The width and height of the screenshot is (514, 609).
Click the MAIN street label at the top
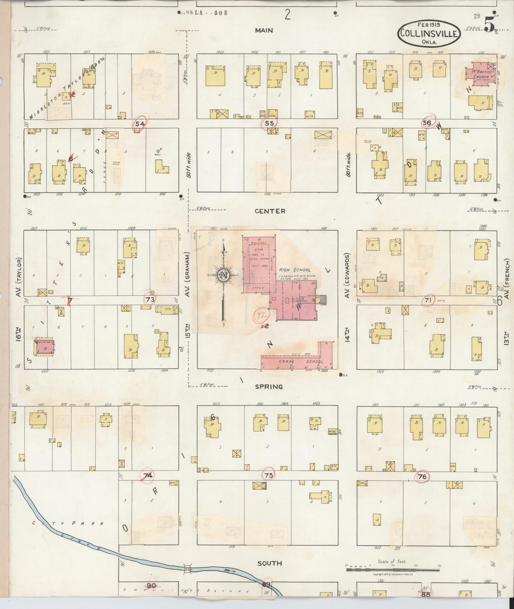coord(264,31)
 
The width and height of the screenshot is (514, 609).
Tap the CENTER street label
coord(270,211)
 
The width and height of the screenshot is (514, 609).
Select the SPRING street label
coord(269,387)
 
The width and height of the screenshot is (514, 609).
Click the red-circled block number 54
coord(140,124)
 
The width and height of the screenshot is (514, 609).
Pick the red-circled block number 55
coord(269,124)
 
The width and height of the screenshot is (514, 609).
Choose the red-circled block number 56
coord(427,123)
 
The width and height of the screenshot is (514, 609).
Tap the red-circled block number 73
coord(150,300)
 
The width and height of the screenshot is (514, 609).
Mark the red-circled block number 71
coord(428,301)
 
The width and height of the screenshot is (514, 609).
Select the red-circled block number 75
coord(269,475)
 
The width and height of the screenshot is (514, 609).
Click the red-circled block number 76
coord(422,477)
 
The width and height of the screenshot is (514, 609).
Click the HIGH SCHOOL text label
coord(295,270)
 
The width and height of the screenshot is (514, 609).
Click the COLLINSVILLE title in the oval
coord(429,33)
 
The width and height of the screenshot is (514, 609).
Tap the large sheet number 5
coord(489,25)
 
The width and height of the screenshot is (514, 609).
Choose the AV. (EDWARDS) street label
coord(348,275)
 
